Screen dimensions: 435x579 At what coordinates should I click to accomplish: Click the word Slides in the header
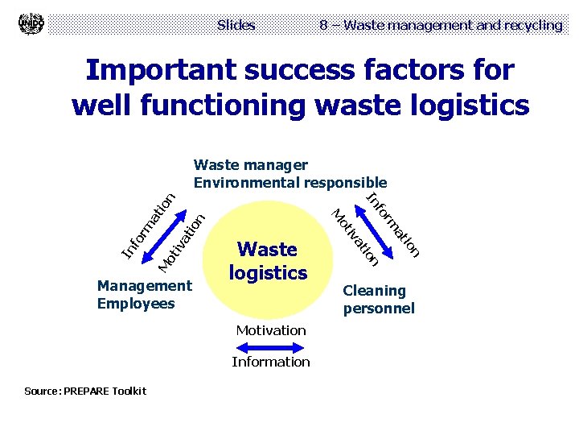[236, 25]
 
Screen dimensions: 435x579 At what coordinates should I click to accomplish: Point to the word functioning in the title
[240, 105]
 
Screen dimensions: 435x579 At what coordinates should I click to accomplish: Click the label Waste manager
[251, 165]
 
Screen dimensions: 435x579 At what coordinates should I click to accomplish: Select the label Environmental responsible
[290, 183]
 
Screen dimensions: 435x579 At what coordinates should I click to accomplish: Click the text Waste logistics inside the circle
[268, 261]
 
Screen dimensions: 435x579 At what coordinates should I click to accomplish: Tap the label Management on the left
[144, 285]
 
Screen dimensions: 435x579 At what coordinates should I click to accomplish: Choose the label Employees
[135, 304]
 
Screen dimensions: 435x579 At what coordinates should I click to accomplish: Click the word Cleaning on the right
[374, 291]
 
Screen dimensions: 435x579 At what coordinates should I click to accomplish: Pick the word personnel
[378, 309]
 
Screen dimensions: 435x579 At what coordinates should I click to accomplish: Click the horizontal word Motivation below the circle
[271, 330]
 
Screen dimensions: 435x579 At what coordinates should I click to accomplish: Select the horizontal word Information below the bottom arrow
[271, 362]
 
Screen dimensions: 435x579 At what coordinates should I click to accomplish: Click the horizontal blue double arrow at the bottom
[271, 346]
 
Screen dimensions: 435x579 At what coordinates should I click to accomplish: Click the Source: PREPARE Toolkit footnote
[85, 391]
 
